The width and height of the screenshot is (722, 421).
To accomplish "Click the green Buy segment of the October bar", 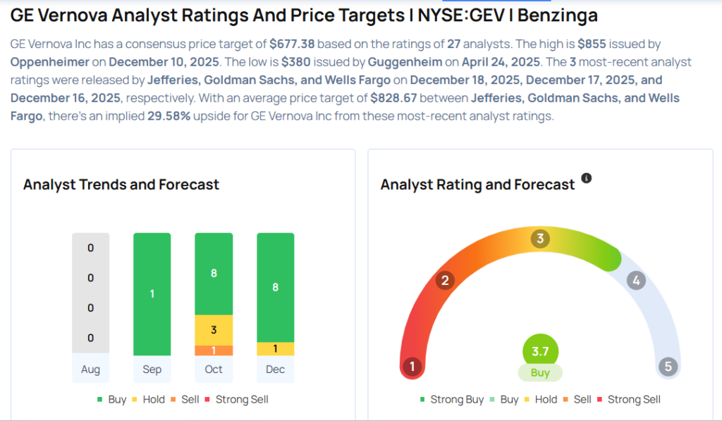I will pos(214,274).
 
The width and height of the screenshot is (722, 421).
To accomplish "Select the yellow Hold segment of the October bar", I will pos(214,330).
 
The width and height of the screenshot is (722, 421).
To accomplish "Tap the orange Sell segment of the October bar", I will pos(214,350).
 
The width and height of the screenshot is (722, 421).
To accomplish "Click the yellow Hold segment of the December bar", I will pos(275,349).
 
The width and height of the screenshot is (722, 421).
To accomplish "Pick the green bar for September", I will pos(152,294).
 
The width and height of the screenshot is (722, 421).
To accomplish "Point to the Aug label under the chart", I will pos(90,370).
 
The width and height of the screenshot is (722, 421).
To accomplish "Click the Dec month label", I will pos(275,370).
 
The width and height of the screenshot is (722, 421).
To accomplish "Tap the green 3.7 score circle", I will pos(540,351).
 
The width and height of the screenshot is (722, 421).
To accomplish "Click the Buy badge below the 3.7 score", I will pos(540,372).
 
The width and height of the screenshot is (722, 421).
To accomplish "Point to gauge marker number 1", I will pos(412,367).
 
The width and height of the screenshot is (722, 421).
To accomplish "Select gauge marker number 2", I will pos(445,281).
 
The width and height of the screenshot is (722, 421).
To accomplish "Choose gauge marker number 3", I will pos(540,238).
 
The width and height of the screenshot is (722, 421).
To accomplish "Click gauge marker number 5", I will pos(668,367).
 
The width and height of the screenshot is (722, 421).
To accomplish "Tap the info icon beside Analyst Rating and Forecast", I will pos(586,178).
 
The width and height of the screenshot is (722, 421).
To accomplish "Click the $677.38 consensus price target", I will pos(293,44).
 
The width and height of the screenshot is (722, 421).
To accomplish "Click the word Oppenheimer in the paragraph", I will pos(50,61).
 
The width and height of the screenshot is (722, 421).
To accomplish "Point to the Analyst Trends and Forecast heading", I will pos(121,185).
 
